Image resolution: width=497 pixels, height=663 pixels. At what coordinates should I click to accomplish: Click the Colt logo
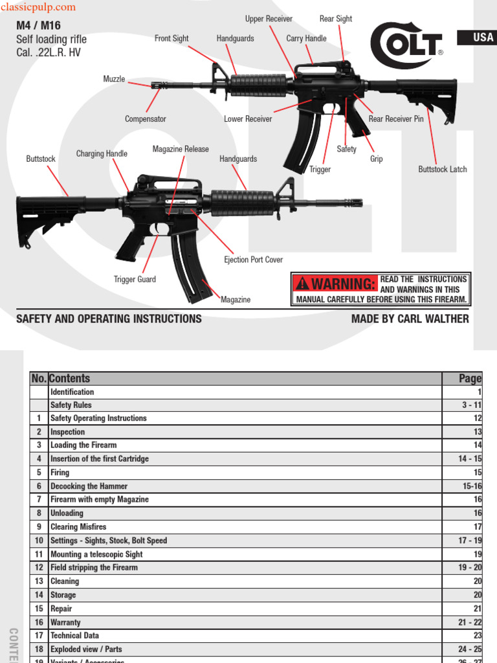406,45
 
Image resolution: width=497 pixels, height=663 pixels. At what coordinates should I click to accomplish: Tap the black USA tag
477,38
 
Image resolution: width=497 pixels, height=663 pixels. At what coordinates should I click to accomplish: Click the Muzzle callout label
115,79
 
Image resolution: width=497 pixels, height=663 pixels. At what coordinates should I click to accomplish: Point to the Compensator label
146,119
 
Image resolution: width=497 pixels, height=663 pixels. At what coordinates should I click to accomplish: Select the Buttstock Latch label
443,170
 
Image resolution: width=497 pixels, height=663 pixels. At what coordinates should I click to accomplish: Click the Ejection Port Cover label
254,260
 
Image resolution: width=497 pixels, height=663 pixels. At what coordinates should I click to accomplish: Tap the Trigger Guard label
135,280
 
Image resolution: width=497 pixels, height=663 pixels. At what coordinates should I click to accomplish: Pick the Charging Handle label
102,154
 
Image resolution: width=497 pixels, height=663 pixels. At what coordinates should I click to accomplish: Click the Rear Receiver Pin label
396,119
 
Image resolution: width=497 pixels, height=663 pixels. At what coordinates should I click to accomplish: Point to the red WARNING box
335,284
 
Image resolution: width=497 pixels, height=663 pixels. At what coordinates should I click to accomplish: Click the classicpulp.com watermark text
38,8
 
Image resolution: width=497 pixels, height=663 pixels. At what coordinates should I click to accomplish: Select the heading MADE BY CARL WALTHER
410,319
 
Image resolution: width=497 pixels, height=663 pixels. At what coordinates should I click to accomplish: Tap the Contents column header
70,379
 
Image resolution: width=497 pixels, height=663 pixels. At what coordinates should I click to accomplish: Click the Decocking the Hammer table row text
89,486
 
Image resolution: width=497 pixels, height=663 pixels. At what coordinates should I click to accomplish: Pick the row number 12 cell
39,568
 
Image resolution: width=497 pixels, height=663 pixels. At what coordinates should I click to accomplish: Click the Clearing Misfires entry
78,527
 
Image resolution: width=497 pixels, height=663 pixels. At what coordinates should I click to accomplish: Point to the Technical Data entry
75,636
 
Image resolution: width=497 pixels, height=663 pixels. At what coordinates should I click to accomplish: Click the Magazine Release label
181,149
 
